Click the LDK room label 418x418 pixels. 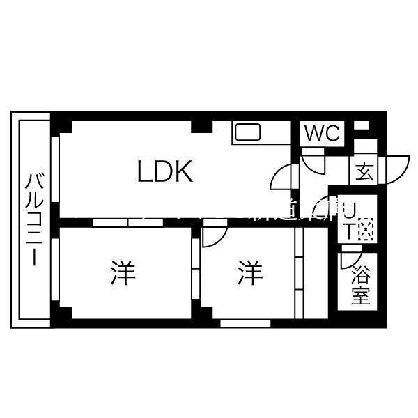[165, 171]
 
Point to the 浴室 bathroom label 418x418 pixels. [360, 285]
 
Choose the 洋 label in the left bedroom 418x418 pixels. [121, 273]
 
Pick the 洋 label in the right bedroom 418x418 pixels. [249, 273]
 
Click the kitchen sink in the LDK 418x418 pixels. [247, 132]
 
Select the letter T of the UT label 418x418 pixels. [348, 233]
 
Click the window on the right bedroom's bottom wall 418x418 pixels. [245, 323]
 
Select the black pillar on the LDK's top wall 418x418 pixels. [202, 126]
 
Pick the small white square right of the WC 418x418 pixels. [361, 125]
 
